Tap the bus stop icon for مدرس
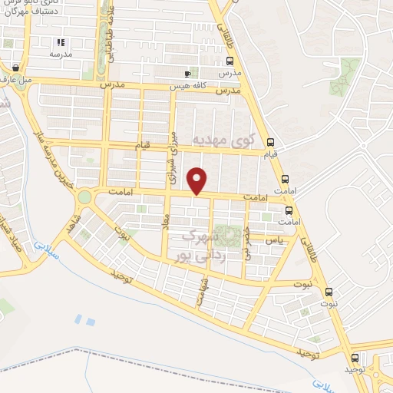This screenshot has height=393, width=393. (230, 61)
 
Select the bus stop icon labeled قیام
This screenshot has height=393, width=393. (269, 142)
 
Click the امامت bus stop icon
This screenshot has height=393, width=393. (289, 210)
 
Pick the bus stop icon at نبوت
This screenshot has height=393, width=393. (329, 292)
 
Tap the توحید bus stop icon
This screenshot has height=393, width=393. (355, 358)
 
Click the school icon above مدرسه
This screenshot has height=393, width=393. (61, 43)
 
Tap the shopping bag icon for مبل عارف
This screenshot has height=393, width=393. (16, 66)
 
